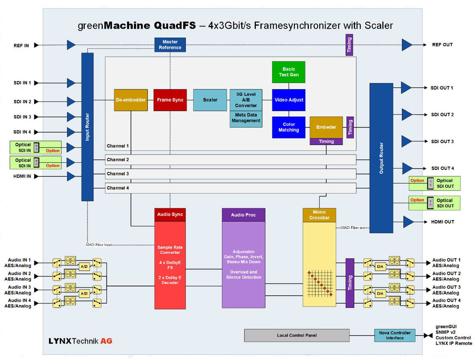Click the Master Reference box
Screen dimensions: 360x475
click(x=170, y=44)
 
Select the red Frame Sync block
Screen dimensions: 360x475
click(x=170, y=100)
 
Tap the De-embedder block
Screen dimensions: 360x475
click(x=131, y=100)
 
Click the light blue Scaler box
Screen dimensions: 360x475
click(x=210, y=100)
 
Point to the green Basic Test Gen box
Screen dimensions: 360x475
click(x=288, y=72)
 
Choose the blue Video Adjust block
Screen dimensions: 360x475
click(x=288, y=100)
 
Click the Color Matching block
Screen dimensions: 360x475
click(x=288, y=127)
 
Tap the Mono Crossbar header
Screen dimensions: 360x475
click(x=319, y=215)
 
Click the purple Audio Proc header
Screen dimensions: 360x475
click(x=244, y=215)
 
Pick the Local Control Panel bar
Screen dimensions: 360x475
click(x=296, y=335)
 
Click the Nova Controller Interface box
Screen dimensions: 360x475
click(x=394, y=335)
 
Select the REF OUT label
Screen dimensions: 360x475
click(x=442, y=44)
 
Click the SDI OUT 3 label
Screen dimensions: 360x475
click(x=442, y=142)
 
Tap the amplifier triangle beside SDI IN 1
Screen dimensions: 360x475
click(x=71, y=83)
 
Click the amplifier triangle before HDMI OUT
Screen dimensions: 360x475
click(x=408, y=222)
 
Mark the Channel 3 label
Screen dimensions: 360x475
click(x=118, y=174)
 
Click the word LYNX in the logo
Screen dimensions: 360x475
click(x=59, y=341)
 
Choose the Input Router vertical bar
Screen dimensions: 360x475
click(x=87, y=127)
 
